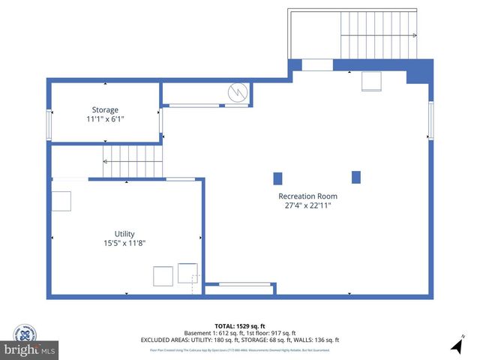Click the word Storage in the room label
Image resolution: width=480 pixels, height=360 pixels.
click(105, 109)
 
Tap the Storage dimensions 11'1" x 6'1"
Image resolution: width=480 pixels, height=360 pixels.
click(105, 118)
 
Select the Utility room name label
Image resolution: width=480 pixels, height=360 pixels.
click(124, 234)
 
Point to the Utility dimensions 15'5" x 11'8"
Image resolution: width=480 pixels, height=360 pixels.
click(124, 243)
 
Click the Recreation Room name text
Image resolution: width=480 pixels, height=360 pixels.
click(307, 196)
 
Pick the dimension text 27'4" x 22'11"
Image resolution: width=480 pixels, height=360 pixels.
click(307, 205)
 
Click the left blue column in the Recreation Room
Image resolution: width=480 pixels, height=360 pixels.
click(277, 178)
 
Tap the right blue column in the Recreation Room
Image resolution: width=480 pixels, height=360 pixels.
click(356, 177)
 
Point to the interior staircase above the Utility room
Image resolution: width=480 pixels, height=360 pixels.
click(133, 158)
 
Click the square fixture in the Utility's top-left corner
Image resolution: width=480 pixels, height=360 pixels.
click(61, 202)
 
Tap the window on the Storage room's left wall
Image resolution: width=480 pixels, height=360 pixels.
click(49, 124)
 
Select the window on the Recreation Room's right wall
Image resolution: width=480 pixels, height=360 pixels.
click(430, 120)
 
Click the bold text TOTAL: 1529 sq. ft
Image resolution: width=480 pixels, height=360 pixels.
click(239, 325)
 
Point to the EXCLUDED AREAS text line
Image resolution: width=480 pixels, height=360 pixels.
click(239, 340)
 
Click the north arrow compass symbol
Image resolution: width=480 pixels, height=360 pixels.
click(457, 346)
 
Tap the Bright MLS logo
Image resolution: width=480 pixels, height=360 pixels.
click(29, 350)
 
